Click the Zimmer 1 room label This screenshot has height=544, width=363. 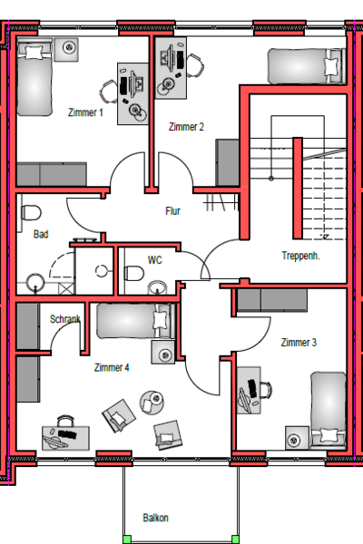click(85, 112)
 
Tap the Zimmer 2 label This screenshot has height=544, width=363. click(186, 127)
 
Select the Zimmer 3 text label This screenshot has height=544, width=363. click(299, 343)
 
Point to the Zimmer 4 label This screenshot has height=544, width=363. click(112, 367)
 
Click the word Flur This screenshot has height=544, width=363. click(173, 211)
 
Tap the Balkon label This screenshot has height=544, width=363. click(155, 518)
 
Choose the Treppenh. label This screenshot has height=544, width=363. click(300, 256)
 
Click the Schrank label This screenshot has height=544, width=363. click(65, 319)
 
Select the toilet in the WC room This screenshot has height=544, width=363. click(133, 274)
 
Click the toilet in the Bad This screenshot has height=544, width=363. click(31, 213)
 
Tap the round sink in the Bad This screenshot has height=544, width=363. click(35, 282)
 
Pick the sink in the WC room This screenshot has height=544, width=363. click(157, 288)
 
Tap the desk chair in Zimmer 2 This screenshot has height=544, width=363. click(195, 65)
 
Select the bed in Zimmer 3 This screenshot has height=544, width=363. click(329, 409)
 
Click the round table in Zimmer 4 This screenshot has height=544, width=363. click(152, 402)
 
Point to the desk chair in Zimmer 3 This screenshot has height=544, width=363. click(265, 390)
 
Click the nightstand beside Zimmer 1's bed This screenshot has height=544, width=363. click(66, 49)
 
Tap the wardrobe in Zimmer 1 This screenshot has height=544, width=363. click(52, 174)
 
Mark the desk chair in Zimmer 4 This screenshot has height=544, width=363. click(65, 421)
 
